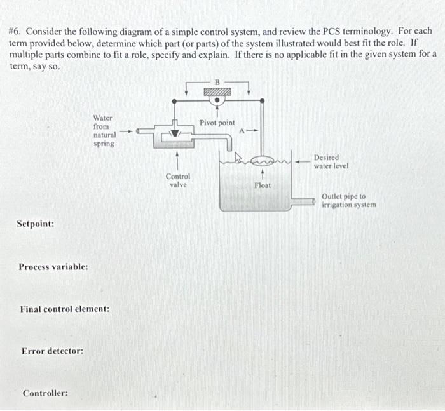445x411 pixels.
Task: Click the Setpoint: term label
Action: click(35, 224)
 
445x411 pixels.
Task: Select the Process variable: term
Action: click(53, 267)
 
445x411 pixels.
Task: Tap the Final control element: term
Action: click(64, 309)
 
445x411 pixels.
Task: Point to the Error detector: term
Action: click(52, 351)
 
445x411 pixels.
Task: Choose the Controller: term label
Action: click(45, 393)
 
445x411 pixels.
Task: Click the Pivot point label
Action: click(217, 122)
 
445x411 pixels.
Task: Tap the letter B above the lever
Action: click(216, 81)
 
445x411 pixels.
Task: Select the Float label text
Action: click(263, 185)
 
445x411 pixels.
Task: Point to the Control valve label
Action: click(177, 180)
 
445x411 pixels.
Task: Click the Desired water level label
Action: click(331, 161)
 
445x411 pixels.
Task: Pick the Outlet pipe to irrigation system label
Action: click(348, 201)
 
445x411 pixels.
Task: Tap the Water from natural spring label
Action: click(103, 130)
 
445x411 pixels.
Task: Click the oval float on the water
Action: click(261, 161)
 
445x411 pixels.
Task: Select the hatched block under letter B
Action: click(216, 92)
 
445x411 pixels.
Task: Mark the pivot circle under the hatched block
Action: click(216, 100)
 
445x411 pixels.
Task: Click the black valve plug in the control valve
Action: click(178, 134)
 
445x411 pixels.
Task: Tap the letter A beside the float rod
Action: click(242, 131)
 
